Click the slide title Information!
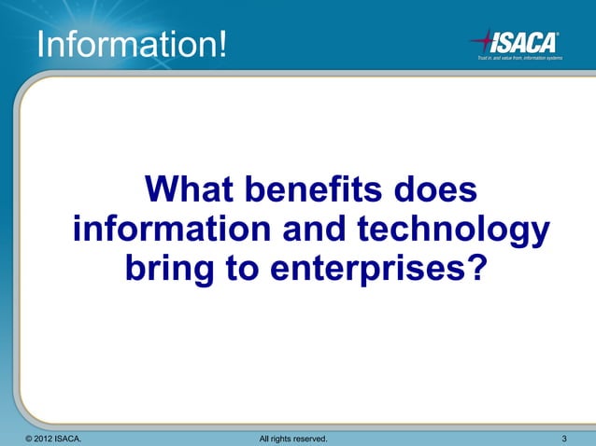click(131, 44)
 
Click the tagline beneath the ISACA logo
click(519, 58)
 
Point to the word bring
click(166, 271)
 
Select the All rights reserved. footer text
click(291, 438)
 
